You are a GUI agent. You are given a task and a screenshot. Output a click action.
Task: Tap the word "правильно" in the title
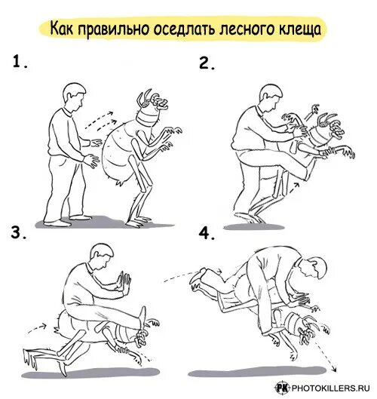pos(113,29)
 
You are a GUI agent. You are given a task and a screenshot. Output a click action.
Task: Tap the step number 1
pos(20,62)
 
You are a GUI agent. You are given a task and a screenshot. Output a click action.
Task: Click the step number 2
pos(207,63)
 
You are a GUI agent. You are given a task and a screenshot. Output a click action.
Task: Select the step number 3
pos(18,232)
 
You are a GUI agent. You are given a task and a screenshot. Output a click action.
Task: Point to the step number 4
pos(207,234)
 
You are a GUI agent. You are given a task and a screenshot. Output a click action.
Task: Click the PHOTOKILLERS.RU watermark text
pos(330,388)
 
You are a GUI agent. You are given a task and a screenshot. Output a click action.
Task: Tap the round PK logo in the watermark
pos(283,388)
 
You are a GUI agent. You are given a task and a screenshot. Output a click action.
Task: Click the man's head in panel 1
pos(75,97)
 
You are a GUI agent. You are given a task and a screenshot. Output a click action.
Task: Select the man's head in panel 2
pos(271,97)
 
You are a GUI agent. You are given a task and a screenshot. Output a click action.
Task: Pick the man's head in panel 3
pos(102,256)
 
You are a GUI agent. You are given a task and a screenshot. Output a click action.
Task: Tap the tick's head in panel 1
pos(152,108)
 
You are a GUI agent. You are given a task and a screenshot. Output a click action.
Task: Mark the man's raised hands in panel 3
pos(123,281)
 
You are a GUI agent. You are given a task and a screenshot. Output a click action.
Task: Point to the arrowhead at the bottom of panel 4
pos(333,370)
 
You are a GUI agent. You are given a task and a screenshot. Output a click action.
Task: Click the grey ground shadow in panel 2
pos(254,226)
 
